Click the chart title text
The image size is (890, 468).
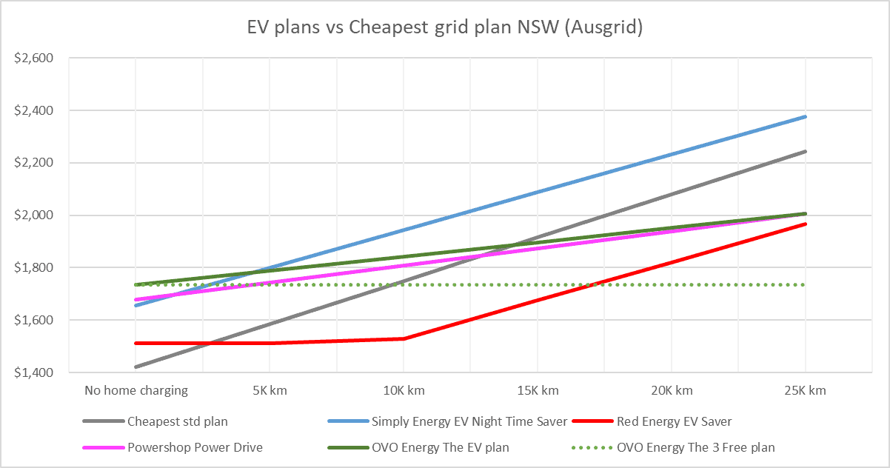coord(444,28)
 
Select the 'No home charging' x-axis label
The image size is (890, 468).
coord(136,390)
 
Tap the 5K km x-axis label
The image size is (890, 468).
coord(270,390)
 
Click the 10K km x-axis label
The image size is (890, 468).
coord(404,390)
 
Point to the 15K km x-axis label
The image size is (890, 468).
coord(538,390)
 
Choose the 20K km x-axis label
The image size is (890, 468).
coord(671,390)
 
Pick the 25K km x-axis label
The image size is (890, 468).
coord(805,390)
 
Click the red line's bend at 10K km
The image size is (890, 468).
coord(404,338)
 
